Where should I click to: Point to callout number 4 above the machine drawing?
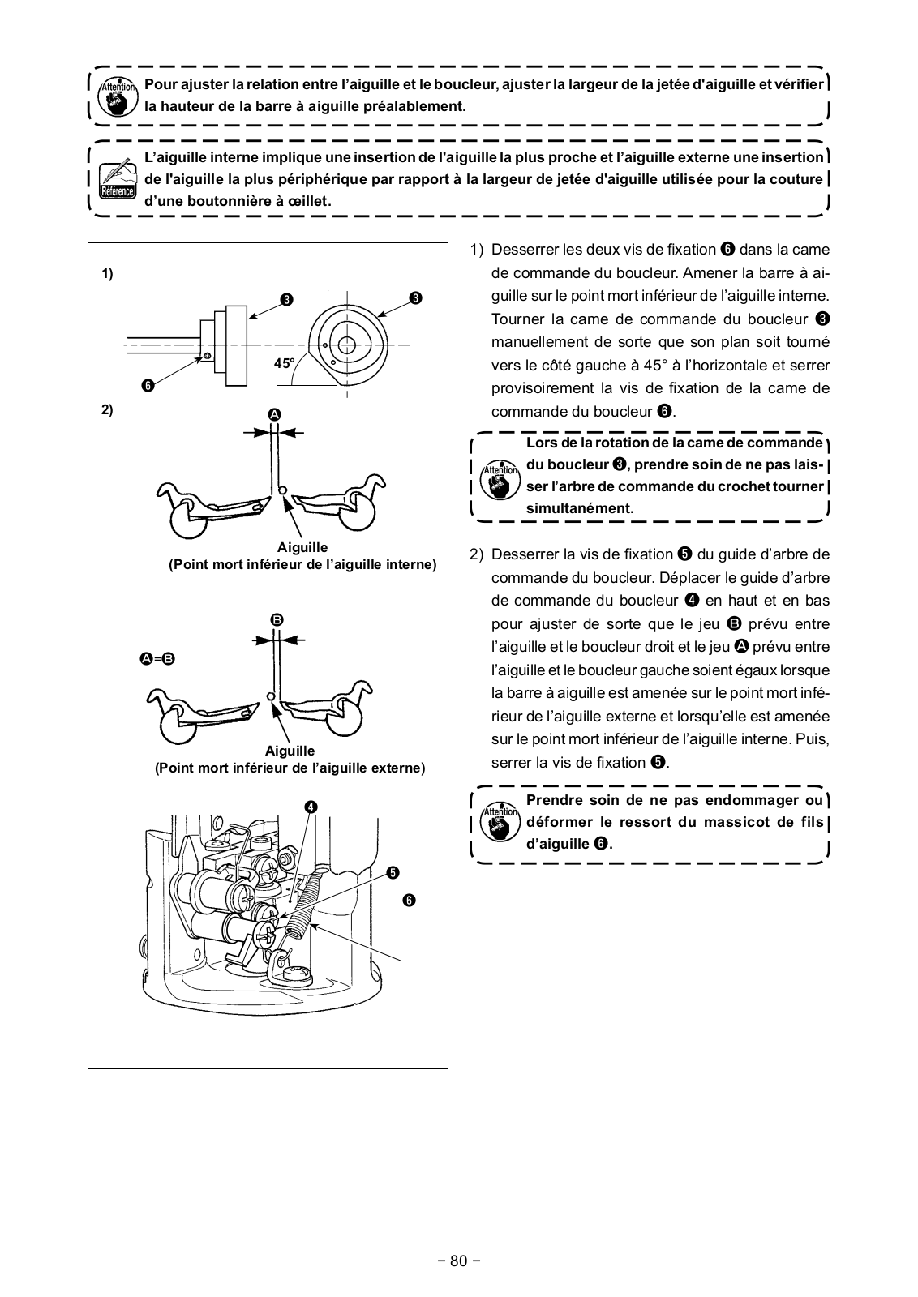point(311,807)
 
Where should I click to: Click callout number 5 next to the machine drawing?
point(392,872)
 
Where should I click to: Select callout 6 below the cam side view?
point(148,385)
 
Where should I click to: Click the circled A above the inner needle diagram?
point(274,414)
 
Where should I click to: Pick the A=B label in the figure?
point(157,659)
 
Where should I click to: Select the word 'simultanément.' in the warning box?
point(580,508)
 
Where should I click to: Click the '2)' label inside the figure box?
point(107,409)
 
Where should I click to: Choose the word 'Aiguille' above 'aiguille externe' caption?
point(290,751)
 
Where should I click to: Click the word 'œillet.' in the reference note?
point(307,201)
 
